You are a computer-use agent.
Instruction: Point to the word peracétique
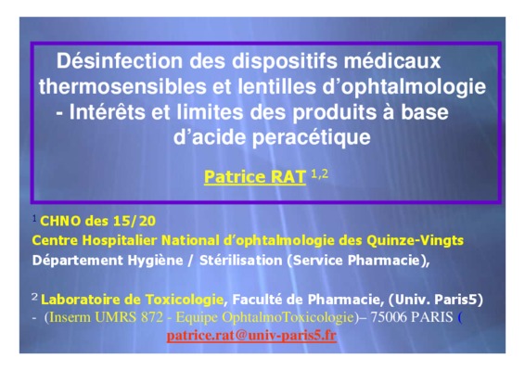pyautogui.click(x=311, y=137)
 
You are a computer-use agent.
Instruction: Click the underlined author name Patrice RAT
pyautogui.click(x=255, y=177)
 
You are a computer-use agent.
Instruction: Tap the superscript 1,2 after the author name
pyautogui.click(x=320, y=173)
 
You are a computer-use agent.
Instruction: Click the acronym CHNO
pyautogui.click(x=60, y=221)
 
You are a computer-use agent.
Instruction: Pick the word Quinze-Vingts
pyautogui.click(x=415, y=240)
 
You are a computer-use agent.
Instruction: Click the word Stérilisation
pyautogui.click(x=241, y=261)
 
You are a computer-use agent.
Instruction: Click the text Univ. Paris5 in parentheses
pyautogui.click(x=436, y=300)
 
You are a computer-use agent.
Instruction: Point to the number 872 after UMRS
pyautogui.click(x=152, y=317)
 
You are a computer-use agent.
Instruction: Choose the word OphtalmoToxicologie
pyautogui.click(x=288, y=317)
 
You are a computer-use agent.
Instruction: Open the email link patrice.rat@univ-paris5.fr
pyautogui.click(x=251, y=335)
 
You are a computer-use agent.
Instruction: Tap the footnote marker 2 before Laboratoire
pyautogui.click(x=34, y=296)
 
